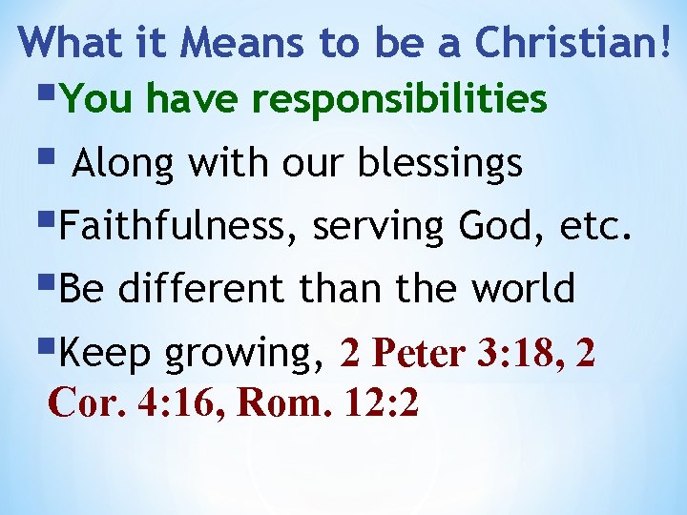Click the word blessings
[x=441, y=164]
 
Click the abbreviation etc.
[x=596, y=228]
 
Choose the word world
[x=525, y=288]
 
